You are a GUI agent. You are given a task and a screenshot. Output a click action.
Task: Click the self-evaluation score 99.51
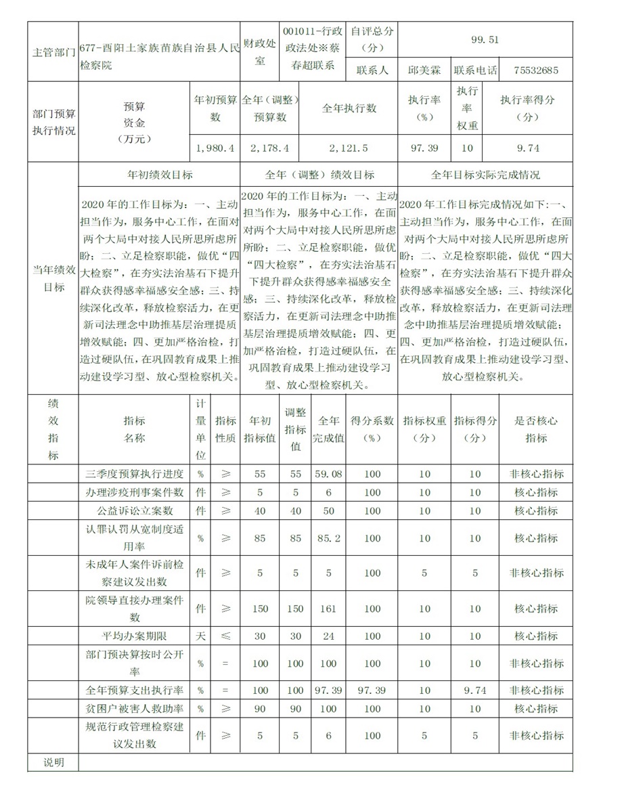pyautogui.click(x=485, y=39)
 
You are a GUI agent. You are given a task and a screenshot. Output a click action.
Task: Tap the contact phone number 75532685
pyautogui.click(x=535, y=70)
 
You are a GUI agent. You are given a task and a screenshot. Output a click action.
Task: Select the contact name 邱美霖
pyautogui.click(x=423, y=70)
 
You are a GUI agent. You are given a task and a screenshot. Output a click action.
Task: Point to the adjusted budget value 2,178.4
pyautogui.click(x=269, y=148)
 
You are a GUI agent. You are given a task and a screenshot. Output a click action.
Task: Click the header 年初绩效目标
pyautogui.click(x=160, y=175)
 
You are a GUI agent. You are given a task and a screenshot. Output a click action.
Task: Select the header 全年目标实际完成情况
pyautogui.click(x=485, y=175)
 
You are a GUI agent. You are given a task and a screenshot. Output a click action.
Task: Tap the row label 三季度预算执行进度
pyautogui.click(x=135, y=474)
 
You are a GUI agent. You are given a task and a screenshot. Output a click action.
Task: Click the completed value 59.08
pyautogui.click(x=328, y=474)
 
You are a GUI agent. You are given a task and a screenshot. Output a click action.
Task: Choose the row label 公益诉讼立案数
pyautogui.click(x=135, y=510)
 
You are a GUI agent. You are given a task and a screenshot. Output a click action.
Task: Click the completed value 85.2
pyautogui.click(x=328, y=538)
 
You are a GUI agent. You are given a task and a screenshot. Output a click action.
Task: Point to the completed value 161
pyautogui.click(x=328, y=609)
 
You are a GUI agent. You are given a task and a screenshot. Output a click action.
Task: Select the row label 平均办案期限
pyautogui.click(x=135, y=636)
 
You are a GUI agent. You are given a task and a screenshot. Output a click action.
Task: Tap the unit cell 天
pyautogui.click(x=200, y=636)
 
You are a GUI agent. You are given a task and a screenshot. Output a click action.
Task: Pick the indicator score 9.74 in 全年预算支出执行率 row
pyautogui.click(x=475, y=691)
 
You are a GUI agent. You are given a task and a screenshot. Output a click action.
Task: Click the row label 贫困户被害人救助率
pyautogui.click(x=135, y=708)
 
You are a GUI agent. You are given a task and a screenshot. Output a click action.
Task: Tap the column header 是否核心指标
pyautogui.click(x=536, y=429)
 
